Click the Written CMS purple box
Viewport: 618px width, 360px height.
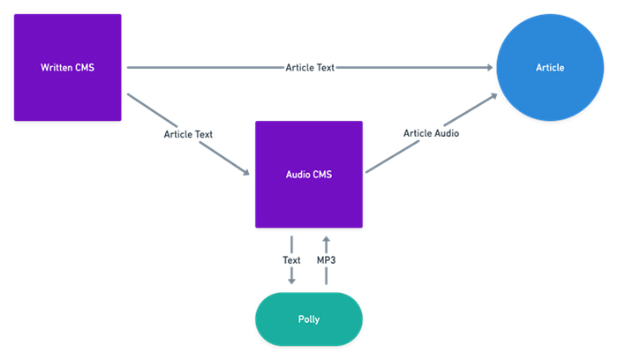[68, 67]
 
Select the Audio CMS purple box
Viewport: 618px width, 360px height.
[309, 175]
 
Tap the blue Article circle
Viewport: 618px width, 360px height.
[550, 67]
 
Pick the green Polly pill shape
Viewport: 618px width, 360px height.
[309, 319]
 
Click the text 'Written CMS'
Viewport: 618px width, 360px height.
[68, 68]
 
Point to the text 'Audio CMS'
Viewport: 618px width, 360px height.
[309, 175]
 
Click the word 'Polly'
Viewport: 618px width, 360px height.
[309, 319]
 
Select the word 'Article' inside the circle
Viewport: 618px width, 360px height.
[550, 68]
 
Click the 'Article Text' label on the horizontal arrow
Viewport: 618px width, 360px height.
[310, 68]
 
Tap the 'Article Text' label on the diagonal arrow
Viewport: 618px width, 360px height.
[188, 134]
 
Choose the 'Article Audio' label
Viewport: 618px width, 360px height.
[431, 133]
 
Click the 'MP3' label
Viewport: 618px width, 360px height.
[327, 260]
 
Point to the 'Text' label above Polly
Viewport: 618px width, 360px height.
[291, 260]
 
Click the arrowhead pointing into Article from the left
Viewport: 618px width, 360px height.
[489, 67]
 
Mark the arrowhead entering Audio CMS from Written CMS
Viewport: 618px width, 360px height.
[246, 172]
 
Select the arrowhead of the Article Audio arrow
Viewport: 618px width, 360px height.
[494, 95]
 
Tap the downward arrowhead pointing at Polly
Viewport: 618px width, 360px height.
[291, 281]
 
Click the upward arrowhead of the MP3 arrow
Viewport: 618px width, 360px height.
[327, 239]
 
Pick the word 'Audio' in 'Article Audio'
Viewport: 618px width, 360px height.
[447, 133]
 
